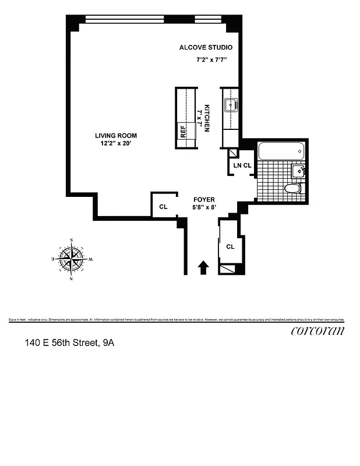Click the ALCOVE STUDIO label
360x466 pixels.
click(x=206, y=47)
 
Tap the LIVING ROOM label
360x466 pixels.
click(x=117, y=136)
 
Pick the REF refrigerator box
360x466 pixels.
click(x=182, y=130)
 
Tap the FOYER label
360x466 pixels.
click(x=204, y=199)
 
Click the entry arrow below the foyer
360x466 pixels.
click(x=203, y=267)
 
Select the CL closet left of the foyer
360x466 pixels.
click(x=163, y=207)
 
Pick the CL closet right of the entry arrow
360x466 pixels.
click(x=231, y=246)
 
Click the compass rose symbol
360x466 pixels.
click(x=72, y=258)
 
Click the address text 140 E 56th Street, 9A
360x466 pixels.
click(x=69, y=343)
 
